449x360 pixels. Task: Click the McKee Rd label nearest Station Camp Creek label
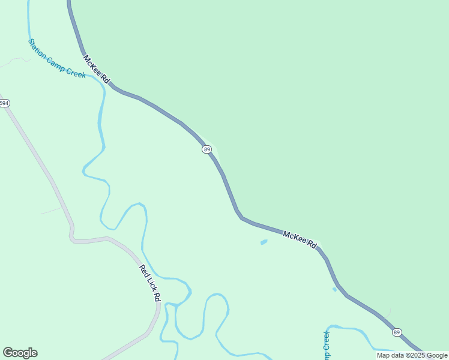[97, 70]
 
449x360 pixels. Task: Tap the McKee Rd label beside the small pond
[299, 239]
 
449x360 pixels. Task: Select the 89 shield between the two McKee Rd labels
[206, 149]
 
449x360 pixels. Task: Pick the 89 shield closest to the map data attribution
[397, 332]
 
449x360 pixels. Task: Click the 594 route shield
[4, 103]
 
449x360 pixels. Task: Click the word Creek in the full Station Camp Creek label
[77, 74]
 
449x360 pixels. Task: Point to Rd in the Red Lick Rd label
[157, 296]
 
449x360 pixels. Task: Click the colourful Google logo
[20, 353]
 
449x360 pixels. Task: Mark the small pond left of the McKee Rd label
[264, 242]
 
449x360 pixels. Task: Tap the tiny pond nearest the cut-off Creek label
[334, 289]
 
